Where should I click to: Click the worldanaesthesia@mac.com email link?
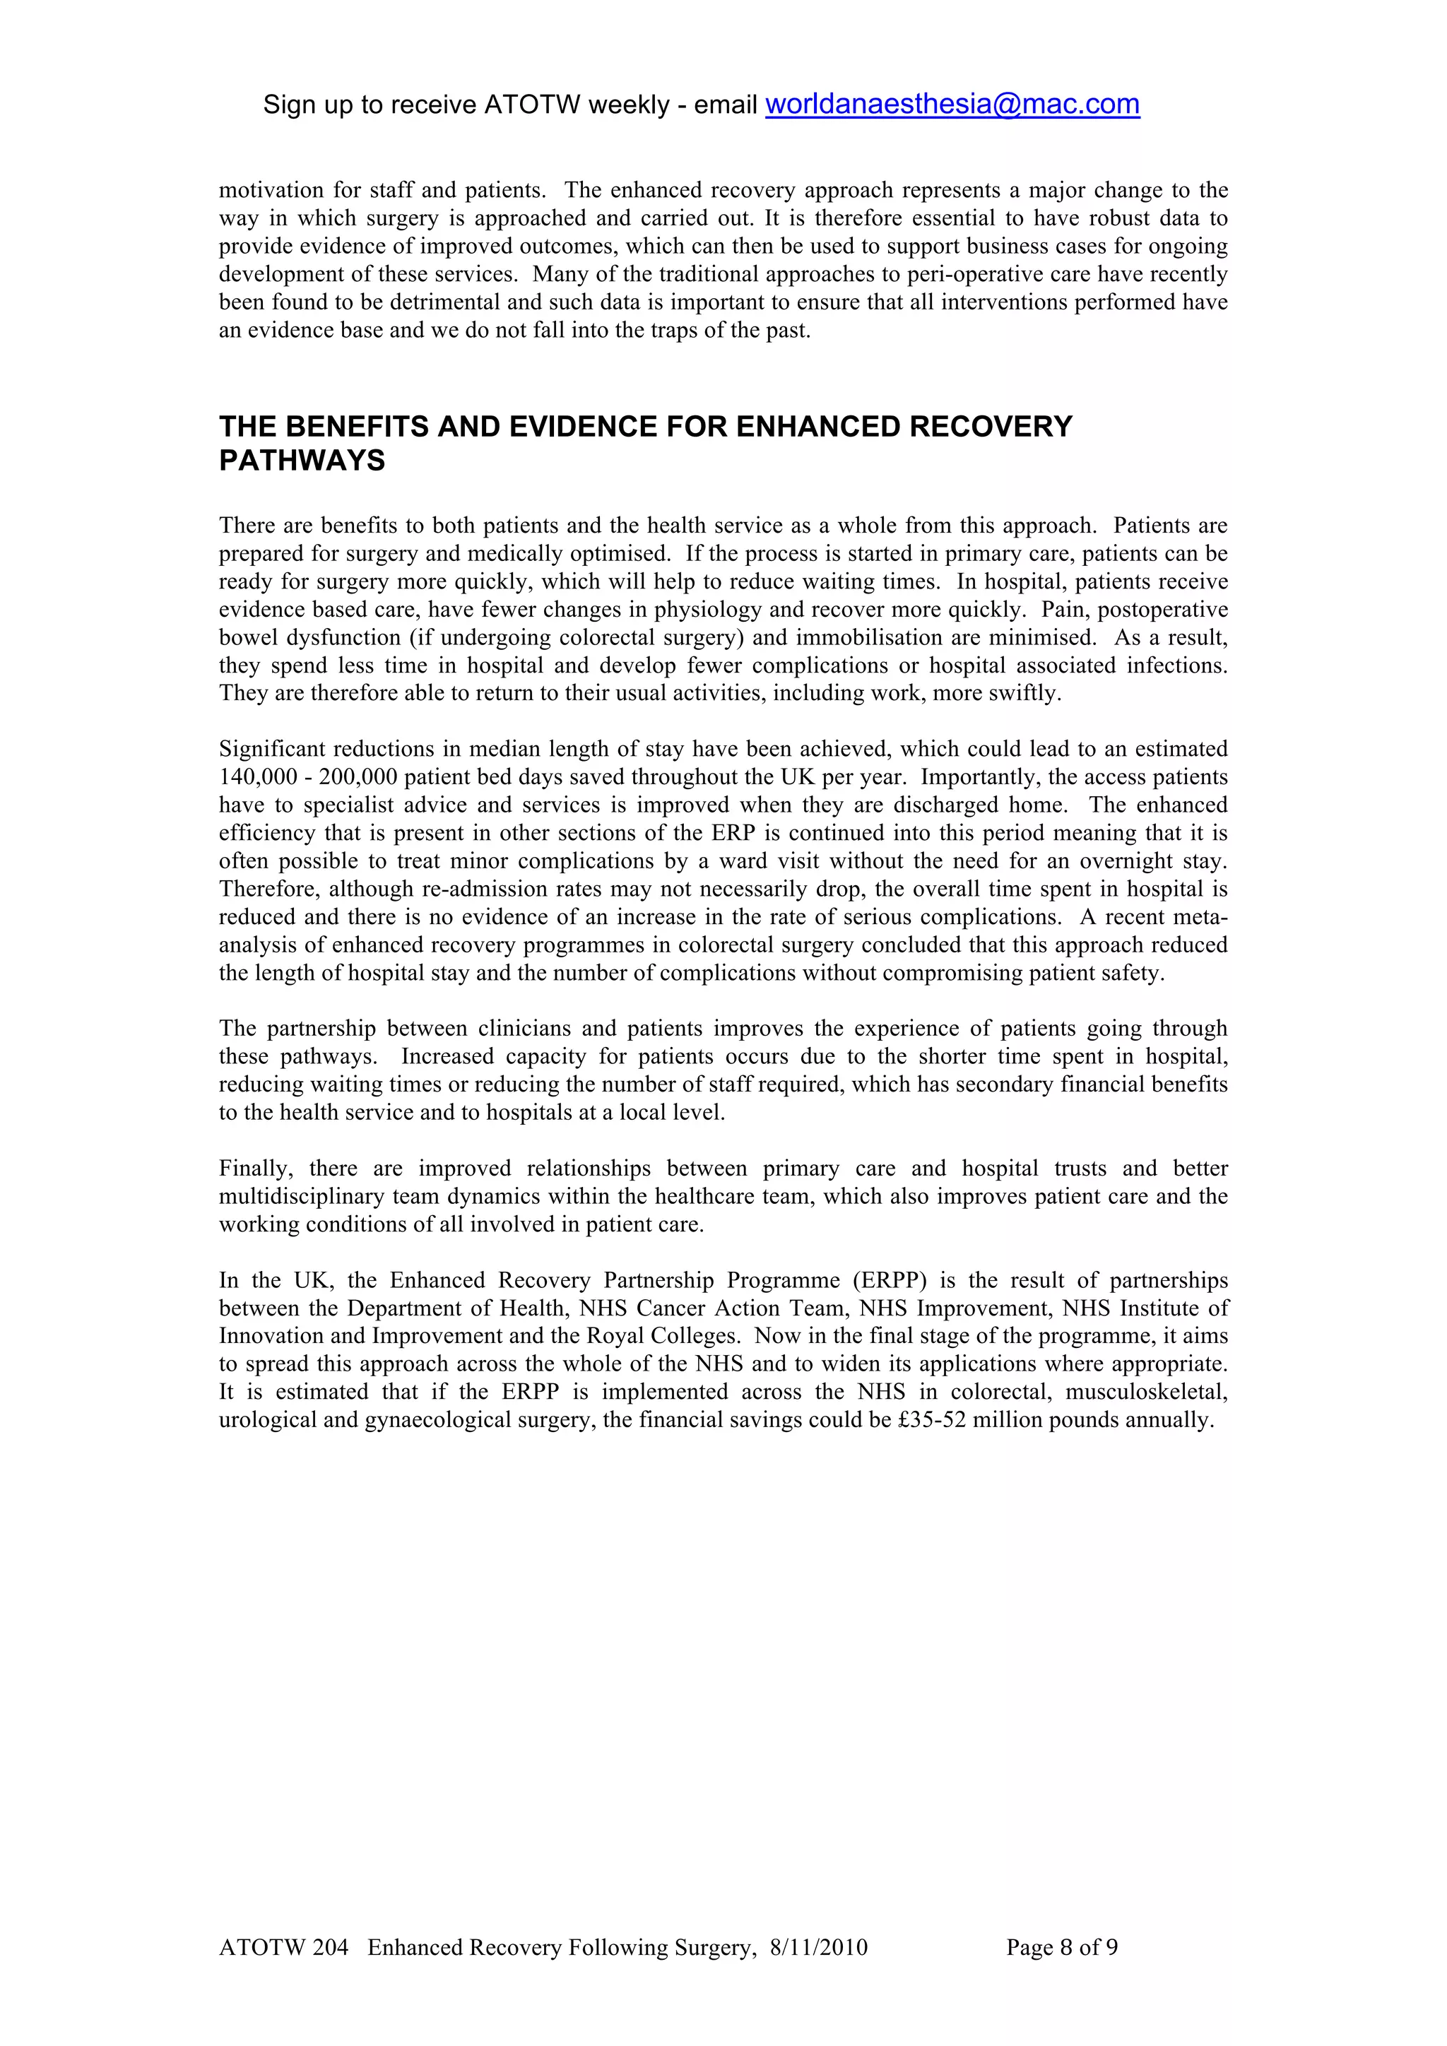952,105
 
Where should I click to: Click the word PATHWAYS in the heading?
302,461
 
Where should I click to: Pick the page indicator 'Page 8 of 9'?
1061,1947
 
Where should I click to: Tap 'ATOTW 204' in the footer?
283,1947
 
